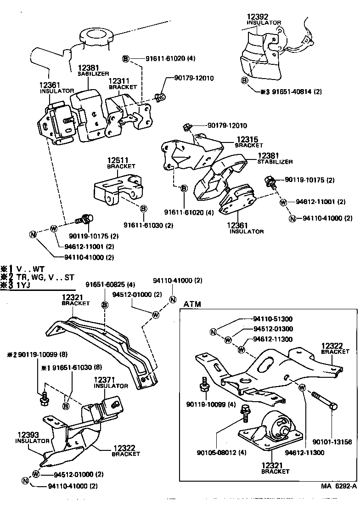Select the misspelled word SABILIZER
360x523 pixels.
point(93,74)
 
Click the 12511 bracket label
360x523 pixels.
point(119,160)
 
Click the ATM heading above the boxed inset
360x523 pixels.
point(192,304)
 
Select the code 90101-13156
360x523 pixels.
point(332,442)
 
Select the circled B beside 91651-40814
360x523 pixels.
point(245,81)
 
